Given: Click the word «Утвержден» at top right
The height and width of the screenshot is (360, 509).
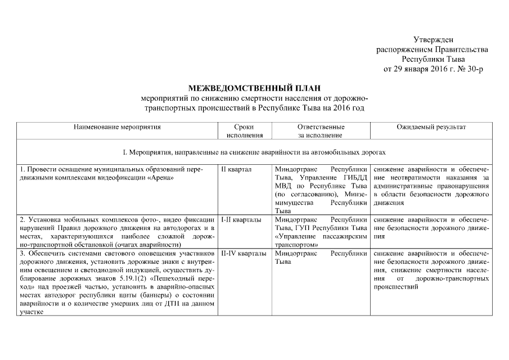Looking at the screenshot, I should click(x=433, y=40).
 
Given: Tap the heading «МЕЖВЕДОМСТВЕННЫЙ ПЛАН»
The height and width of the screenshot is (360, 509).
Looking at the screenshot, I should click(x=254, y=88).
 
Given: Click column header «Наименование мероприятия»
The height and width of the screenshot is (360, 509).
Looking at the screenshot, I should click(x=117, y=127).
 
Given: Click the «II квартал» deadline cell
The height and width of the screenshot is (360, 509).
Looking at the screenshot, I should click(x=236, y=169).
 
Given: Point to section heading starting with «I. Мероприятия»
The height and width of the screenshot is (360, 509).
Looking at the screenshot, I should click(x=254, y=152).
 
